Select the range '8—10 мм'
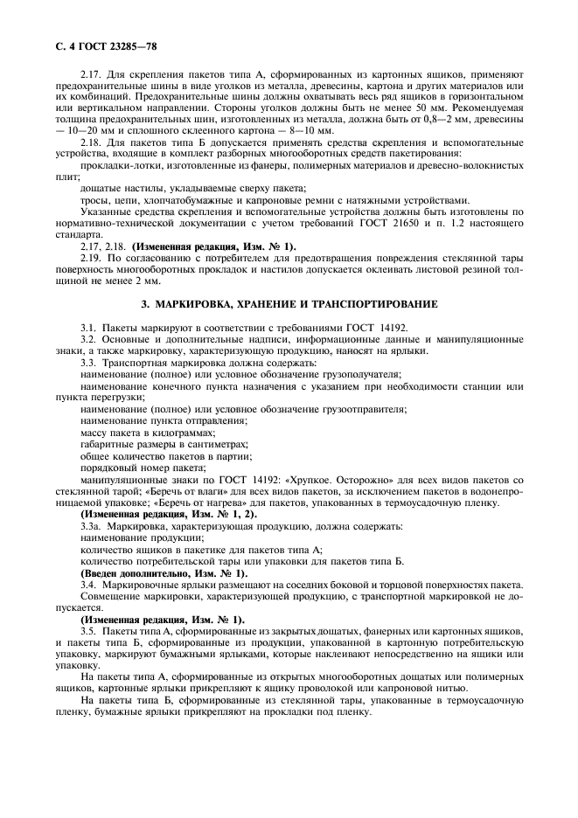click(305, 131)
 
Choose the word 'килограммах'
click(185, 432)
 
